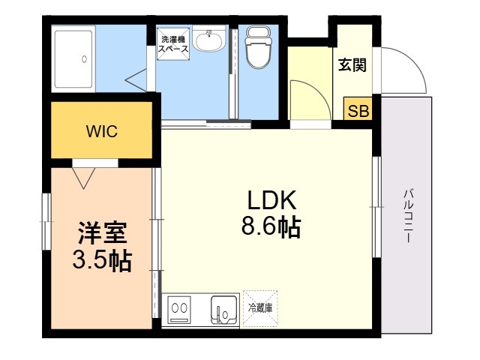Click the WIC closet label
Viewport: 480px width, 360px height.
pyautogui.click(x=102, y=131)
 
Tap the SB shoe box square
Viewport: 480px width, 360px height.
pyautogui.click(x=358, y=109)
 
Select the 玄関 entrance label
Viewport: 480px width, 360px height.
pyautogui.click(x=352, y=65)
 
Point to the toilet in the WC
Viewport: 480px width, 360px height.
pyautogui.click(x=259, y=46)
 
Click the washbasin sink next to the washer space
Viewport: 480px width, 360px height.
pyautogui.click(x=209, y=40)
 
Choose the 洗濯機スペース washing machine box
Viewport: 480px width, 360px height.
pyautogui.click(x=173, y=43)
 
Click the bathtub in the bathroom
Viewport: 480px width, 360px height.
pyautogui.click(x=73, y=58)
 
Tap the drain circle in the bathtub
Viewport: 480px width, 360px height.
pyautogui.click(x=85, y=59)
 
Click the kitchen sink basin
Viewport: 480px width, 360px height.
pyautogui.click(x=224, y=308)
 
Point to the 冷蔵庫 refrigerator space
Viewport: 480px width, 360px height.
pyautogui.click(x=260, y=308)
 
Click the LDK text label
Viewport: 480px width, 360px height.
pyautogui.click(x=271, y=200)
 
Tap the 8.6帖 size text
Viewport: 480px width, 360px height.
pyautogui.click(x=271, y=227)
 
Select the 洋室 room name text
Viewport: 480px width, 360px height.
pyautogui.click(x=102, y=233)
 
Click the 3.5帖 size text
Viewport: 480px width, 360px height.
pyautogui.click(x=102, y=261)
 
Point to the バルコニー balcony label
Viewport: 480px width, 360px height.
pyautogui.click(x=408, y=217)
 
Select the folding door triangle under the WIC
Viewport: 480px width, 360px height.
pyautogui.click(x=83, y=178)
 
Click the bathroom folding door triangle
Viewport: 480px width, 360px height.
pyautogui.click(x=136, y=80)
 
